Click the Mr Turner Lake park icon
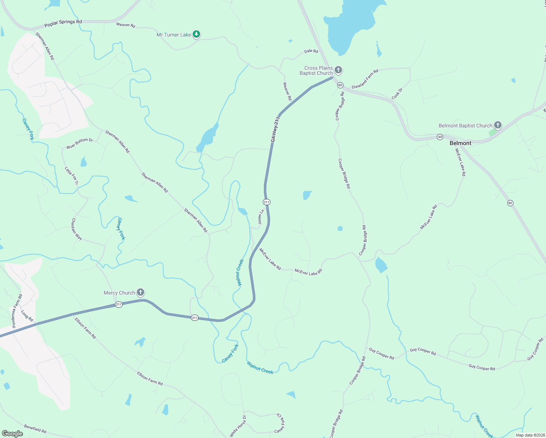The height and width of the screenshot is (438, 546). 196,34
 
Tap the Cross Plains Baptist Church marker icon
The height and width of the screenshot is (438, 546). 338,70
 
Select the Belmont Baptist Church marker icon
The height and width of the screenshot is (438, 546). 497,125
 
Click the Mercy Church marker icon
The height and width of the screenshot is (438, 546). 141,292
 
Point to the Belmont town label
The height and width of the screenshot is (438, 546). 460,143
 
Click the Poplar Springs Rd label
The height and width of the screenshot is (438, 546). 63,23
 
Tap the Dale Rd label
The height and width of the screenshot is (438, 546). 311,51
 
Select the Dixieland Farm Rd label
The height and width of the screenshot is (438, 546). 365,79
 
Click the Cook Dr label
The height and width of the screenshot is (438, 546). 397,93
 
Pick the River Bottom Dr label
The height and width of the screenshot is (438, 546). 80,143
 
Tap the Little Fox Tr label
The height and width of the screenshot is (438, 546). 72,176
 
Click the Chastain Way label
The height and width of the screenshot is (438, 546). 77,229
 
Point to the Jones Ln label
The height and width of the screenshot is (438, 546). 261,217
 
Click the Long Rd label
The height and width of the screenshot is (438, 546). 27,316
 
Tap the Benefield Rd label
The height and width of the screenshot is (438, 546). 35,429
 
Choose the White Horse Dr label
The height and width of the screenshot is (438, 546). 238,426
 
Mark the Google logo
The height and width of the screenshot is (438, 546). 12,434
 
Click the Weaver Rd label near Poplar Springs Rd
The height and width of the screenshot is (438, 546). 126,25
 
